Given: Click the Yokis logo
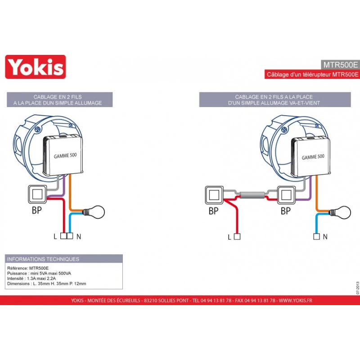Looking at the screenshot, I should [35, 67].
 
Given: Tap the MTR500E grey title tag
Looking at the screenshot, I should [341, 64].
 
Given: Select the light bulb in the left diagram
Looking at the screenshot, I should [96, 210].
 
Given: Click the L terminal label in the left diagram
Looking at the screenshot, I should [55, 236].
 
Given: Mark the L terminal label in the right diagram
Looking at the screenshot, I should [229, 236].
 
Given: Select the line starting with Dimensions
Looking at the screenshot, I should [47, 284].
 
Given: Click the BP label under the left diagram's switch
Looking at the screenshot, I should [36, 211].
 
